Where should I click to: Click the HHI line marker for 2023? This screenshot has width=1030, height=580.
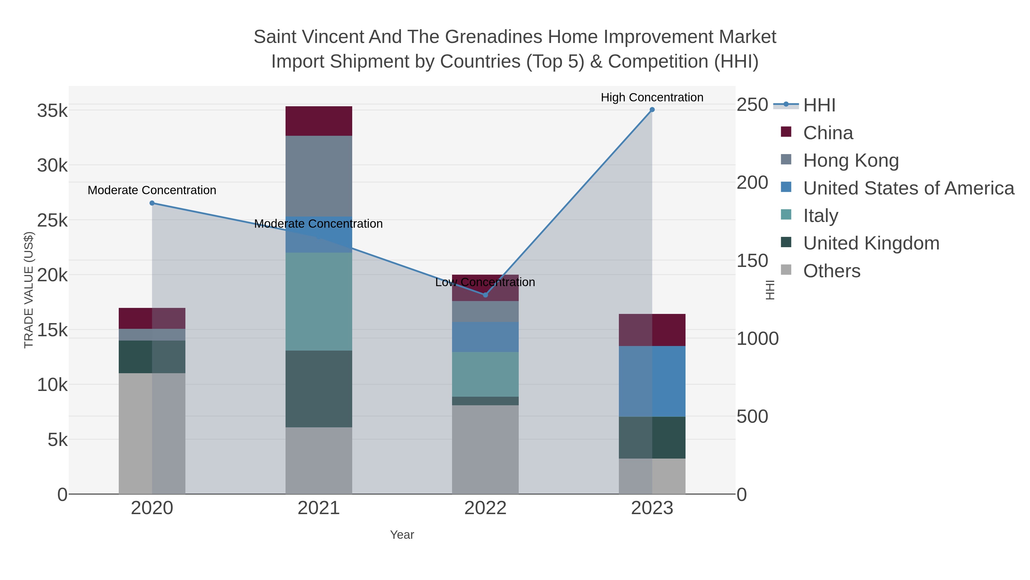coord(652,110)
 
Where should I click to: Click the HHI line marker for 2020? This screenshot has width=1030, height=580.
coord(152,203)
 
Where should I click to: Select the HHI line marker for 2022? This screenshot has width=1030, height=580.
coord(486,295)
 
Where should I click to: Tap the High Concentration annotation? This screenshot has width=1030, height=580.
coord(652,97)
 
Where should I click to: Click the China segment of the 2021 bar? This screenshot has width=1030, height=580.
coord(319,121)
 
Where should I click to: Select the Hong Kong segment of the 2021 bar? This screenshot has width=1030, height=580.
coord(319,176)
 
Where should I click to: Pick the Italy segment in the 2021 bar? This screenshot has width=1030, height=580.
coord(319,301)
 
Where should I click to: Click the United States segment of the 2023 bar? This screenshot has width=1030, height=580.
coord(652,381)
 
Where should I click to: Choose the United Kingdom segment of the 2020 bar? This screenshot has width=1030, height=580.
coord(152,357)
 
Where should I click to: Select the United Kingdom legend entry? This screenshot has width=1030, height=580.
coord(871,243)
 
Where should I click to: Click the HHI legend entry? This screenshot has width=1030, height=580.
coord(819,105)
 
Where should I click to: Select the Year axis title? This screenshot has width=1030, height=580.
coord(402,535)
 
